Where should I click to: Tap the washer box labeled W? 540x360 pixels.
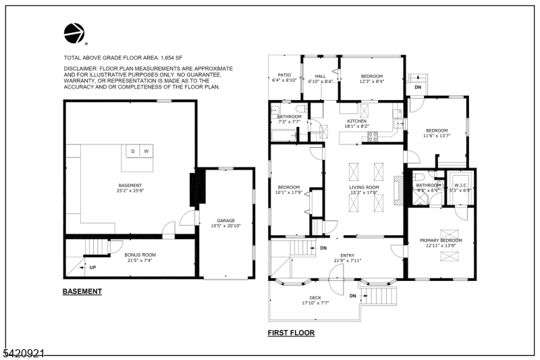tap(145, 151)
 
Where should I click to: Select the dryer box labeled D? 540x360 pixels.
tap(133, 151)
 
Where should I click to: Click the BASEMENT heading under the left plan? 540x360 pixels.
tap(82, 292)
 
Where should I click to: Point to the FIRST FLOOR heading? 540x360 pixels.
tap(291, 332)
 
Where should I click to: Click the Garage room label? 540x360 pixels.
tap(226, 220)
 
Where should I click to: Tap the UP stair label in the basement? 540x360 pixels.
tap(92, 267)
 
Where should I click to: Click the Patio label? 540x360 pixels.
tap(284, 76)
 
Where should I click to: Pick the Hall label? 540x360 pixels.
tap(321, 76)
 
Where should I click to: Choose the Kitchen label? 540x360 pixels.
tap(356, 121)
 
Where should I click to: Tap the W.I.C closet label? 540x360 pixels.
tap(461, 185)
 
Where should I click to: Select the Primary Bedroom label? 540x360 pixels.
tap(441, 240)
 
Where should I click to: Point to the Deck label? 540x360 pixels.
tap(315, 297)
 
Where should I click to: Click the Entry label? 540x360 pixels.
tap(348, 255)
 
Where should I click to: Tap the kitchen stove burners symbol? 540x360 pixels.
tap(371, 136)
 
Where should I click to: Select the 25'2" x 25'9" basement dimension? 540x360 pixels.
tap(130, 190)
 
